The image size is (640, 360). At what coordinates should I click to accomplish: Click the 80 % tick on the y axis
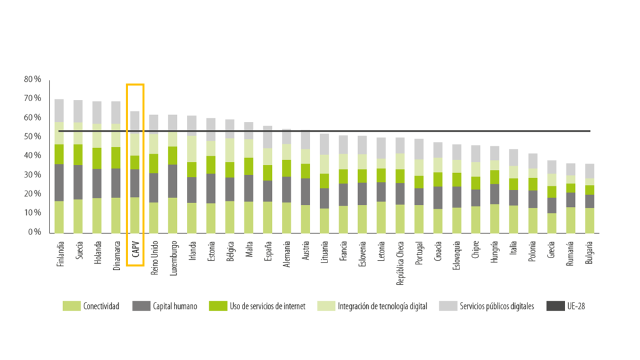[x=32, y=79]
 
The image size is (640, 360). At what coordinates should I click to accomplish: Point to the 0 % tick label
[x=34, y=232]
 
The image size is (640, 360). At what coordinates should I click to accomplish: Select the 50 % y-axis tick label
[x=32, y=136]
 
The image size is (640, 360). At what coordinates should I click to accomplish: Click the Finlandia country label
[x=60, y=253]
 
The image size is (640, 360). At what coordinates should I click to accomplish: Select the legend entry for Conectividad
[x=91, y=306]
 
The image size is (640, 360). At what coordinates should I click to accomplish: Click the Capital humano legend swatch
[x=142, y=306]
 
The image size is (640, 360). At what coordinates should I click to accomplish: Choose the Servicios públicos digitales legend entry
[x=487, y=306]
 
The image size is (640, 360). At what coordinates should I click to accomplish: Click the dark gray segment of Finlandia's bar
[x=59, y=182]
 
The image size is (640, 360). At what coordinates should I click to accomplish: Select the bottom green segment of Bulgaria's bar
[x=590, y=219]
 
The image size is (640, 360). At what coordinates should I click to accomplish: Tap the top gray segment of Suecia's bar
[x=78, y=111]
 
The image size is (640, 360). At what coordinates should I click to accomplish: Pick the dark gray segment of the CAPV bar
[x=135, y=183]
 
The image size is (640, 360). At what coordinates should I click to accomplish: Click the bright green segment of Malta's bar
[x=249, y=166]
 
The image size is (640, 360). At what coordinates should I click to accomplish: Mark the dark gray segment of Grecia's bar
[x=552, y=206]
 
